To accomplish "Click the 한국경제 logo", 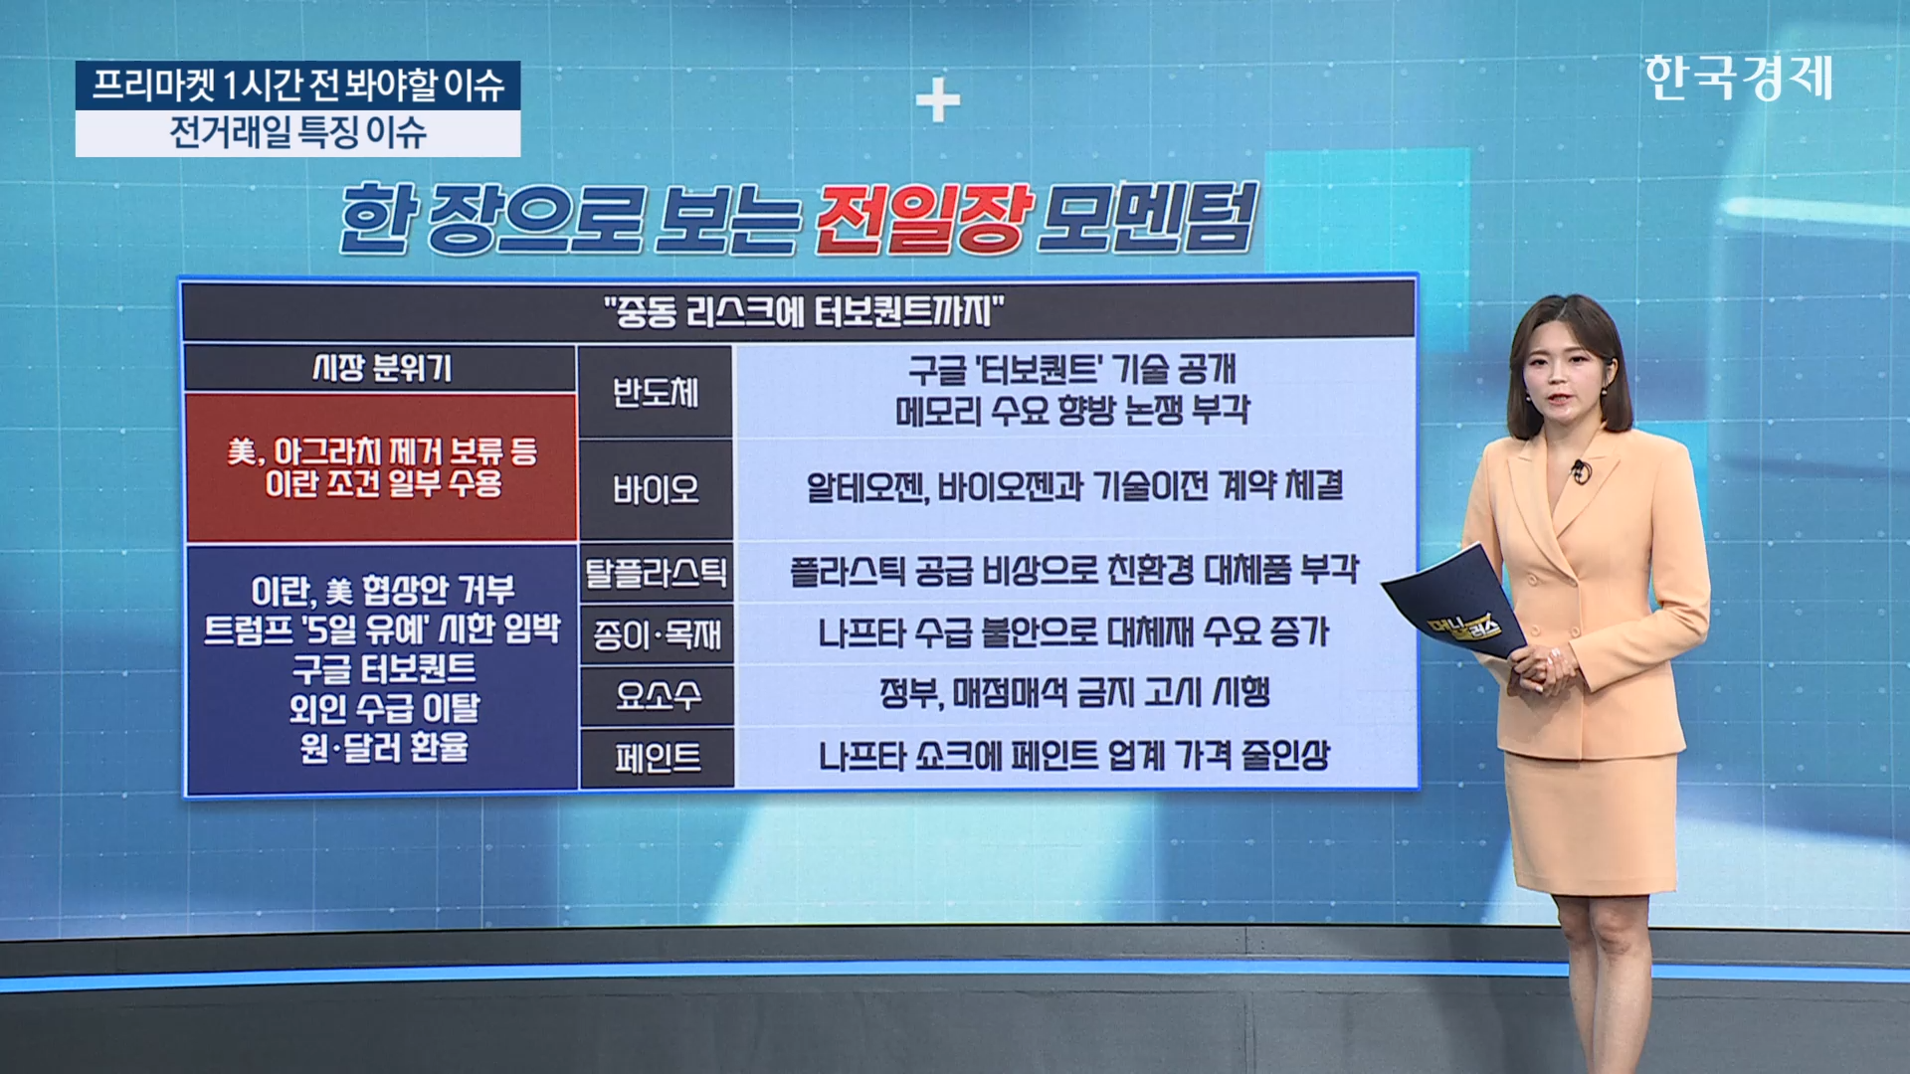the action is coord(1738,78).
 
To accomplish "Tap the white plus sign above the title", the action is coord(937,100).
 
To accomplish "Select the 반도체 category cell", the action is coord(656,392).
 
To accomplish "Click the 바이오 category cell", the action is coord(656,489).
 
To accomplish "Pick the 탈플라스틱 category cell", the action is coord(656,572).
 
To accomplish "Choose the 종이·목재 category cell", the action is coord(656,633).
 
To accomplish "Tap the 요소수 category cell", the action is coord(656,695).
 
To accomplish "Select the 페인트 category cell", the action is coord(656,758).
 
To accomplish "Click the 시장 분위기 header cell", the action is coord(381,368).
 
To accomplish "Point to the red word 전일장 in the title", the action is coord(922,217).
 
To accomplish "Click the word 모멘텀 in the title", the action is coord(1146,217).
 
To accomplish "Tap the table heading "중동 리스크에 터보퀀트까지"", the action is coord(803,312).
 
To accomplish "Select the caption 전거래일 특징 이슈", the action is coord(297,132).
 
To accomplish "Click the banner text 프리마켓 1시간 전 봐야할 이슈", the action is coord(298,85).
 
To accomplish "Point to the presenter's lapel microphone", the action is coord(1580,471).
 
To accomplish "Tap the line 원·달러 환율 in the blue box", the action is coord(384,747).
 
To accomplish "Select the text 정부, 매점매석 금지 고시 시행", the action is coord(1074,693).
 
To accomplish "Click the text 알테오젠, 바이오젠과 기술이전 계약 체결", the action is coord(1074,486).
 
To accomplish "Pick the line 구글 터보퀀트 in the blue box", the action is coord(384,668).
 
